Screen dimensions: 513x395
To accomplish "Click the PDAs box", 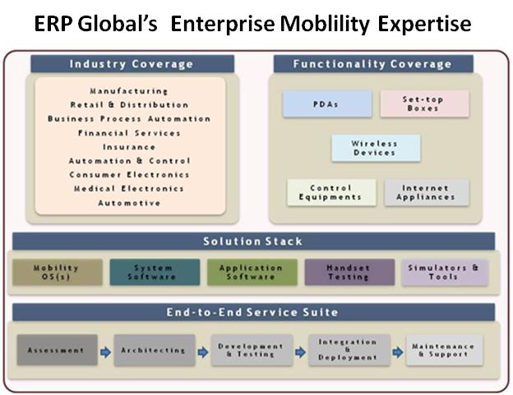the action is (327, 104).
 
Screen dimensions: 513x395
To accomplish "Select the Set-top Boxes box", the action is (424, 104).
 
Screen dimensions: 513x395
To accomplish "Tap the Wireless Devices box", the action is (376, 148).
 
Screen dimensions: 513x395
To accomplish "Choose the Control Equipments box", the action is (331, 192).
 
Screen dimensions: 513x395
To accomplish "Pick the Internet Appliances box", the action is (427, 192).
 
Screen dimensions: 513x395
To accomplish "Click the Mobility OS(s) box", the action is (58, 272).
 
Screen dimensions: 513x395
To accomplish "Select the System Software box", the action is (155, 272).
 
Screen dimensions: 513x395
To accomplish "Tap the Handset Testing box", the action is (349, 272).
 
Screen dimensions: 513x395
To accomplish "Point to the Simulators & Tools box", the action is (444, 273).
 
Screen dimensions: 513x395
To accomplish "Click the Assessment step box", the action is (58, 350).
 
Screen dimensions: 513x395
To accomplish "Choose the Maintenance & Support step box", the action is (444, 350).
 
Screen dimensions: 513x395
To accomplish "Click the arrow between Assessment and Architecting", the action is (106, 352).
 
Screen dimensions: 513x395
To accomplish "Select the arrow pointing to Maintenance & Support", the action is (398, 352).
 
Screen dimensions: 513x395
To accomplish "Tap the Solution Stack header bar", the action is (253, 241).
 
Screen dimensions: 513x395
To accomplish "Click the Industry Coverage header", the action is (132, 64).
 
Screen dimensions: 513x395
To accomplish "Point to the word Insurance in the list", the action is (129, 147).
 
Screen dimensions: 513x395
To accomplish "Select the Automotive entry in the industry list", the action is (129, 203).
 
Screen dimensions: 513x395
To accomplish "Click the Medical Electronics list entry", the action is (129, 189).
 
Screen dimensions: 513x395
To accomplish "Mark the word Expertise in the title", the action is (424, 25).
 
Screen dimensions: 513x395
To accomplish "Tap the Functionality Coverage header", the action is (373, 64).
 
